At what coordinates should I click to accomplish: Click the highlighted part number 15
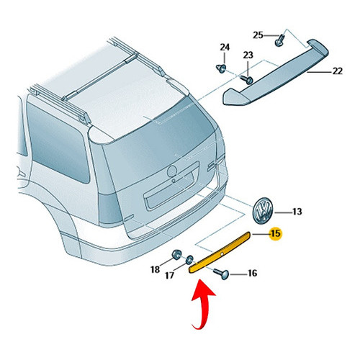(x=276, y=233)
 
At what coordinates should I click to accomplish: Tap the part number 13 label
(x=297, y=212)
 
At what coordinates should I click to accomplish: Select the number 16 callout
(x=252, y=273)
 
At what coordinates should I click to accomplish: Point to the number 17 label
(x=169, y=275)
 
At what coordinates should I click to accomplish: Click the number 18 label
(x=155, y=269)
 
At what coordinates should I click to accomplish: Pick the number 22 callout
(x=337, y=71)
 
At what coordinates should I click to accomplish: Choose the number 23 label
(x=248, y=55)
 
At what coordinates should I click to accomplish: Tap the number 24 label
(x=225, y=48)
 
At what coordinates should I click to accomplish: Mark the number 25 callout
(x=258, y=35)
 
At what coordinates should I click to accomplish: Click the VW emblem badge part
(x=264, y=211)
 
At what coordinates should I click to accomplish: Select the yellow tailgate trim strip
(x=220, y=252)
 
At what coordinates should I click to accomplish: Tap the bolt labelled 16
(x=222, y=274)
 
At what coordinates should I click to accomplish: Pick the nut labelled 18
(x=176, y=254)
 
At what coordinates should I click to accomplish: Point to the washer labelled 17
(x=190, y=259)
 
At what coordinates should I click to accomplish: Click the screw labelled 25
(x=279, y=40)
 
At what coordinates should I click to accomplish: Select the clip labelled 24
(x=221, y=68)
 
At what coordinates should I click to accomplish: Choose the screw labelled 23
(x=248, y=79)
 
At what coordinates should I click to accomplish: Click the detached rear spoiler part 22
(x=276, y=73)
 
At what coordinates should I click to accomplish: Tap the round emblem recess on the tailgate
(x=172, y=171)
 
